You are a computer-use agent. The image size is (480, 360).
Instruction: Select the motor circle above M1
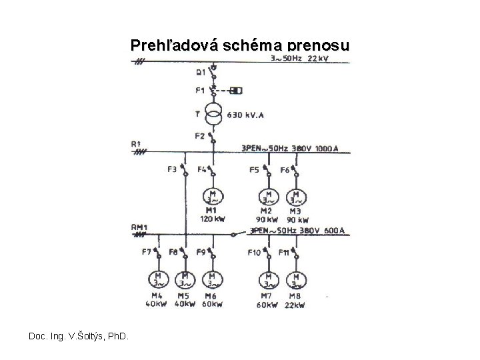(213, 197)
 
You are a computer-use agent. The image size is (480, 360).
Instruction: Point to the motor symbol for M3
(295, 197)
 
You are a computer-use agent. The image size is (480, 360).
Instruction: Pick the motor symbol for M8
(295, 281)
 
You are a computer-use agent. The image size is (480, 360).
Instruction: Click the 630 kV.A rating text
(245, 115)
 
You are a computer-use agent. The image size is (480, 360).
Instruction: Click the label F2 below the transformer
(200, 136)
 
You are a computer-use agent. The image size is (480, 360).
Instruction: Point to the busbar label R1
(137, 143)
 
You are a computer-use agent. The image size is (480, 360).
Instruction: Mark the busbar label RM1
(139, 228)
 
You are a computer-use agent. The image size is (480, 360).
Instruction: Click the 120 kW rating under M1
(211, 219)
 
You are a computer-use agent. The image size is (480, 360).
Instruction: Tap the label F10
(255, 252)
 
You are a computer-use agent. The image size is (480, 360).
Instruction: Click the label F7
(147, 251)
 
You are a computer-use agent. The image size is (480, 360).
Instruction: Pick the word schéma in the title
(257, 46)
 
